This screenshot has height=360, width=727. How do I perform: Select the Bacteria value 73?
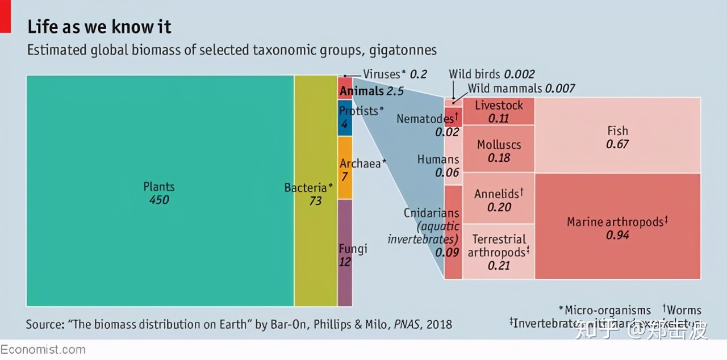click(x=315, y=201)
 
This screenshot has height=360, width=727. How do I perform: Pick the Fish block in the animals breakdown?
click(x=617, y=136)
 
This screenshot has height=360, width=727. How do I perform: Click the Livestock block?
click(x=499, y=111)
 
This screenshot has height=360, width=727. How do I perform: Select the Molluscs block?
click(x=499, y=150)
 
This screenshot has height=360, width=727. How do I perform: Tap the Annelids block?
click(x=499, y=199)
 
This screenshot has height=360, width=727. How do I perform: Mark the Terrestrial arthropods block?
click(x=499, y=252)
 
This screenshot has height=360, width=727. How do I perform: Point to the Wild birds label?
click(x=474, y=74)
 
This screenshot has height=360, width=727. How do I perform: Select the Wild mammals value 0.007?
click(x=560, y=89)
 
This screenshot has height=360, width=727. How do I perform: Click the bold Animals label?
click(x=361, y=91)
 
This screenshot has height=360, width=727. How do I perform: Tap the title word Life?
click(x=42, y=27)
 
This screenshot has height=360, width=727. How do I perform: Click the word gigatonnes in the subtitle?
click(x=403, y=50)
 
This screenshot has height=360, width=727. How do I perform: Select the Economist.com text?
click(x=43, y=350)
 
